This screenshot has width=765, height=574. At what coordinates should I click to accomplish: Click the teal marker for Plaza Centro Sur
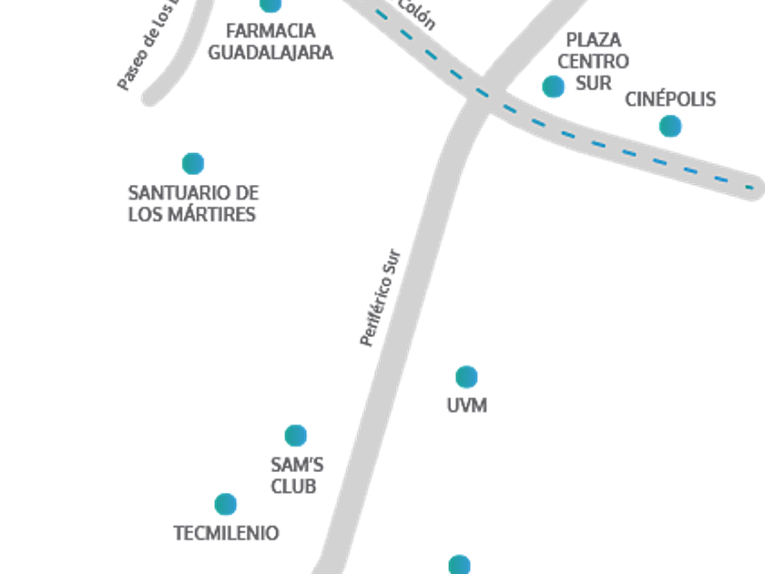point(553,87)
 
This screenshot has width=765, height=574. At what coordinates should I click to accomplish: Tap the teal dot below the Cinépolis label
point(670,126)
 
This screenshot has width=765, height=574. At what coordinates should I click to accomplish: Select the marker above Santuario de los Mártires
point(192,163)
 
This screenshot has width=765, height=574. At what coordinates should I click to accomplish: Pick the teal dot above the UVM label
point(466,376)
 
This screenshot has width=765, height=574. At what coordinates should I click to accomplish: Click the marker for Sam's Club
point(296,435)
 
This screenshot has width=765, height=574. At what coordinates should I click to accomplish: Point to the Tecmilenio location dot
point(226,504)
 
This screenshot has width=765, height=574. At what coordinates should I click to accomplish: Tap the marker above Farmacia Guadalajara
point(270,5)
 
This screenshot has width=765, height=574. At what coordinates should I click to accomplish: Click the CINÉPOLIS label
point(670,99)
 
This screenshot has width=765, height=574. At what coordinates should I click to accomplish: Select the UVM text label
point(466,405)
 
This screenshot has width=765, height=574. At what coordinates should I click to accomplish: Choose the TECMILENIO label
point(226,533)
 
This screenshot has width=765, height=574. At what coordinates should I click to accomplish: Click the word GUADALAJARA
point(270,52)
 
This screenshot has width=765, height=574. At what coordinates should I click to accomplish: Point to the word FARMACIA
point(270,31)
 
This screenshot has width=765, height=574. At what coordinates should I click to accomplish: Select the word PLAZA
point(594,40)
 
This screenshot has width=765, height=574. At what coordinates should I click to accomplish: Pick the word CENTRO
point(593,62)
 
